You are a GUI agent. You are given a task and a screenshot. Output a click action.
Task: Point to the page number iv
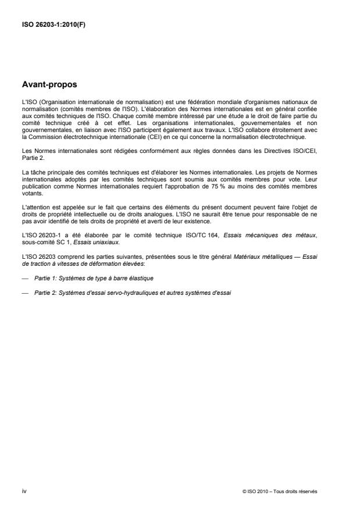24,491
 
